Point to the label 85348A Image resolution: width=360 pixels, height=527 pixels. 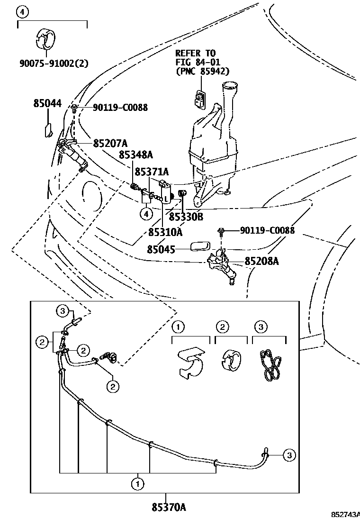click(136, 154)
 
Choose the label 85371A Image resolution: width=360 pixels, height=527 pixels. click(152, 171)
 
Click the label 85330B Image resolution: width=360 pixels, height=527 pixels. click(186, 217)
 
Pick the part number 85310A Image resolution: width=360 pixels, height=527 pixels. click(165, 232)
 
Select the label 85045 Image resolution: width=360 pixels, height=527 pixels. click(161, 249)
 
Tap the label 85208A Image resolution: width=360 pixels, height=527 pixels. click(261, 261)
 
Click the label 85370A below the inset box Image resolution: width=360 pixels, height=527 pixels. click(169, 508)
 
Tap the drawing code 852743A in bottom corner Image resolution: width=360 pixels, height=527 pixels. click(345, 515)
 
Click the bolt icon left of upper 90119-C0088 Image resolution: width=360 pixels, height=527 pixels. click(75, 107)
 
